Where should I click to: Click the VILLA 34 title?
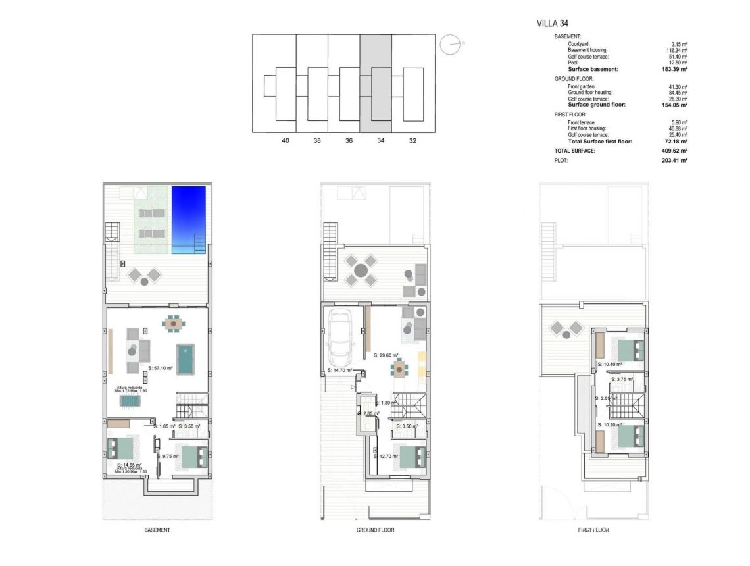(x=553, y=24)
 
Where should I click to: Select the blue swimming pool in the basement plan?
(x=189, y=219)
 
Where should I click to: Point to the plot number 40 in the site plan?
(x=285, y=140)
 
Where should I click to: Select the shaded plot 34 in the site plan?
(x=376, y=82)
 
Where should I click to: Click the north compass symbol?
(x=451, y=45)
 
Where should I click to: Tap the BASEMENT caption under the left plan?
(x=157, y=530)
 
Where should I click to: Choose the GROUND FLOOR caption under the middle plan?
(x=375, y=530)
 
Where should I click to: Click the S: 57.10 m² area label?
(x=161, y=368)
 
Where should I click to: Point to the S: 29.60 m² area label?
(x=386, y=355)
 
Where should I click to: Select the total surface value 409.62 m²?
(x=674, y=151)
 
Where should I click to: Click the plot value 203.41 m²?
(x=674, y=160)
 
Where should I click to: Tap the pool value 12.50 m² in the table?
(x=677, y=63)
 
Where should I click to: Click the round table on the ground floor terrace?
(x=361, y=269)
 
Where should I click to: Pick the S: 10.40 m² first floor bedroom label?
(x=609, y=364)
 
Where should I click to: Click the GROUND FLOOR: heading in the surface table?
(x=574, y=78)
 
